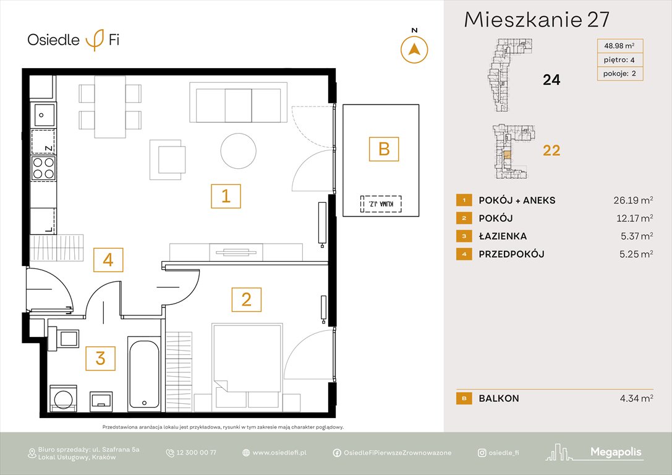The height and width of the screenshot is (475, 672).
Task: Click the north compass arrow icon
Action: coord(415,49)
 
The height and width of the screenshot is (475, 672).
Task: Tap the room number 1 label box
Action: coord(226,197)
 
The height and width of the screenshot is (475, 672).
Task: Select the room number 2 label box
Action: coord(246,299)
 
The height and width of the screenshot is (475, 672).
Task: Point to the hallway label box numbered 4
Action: coord(108,260)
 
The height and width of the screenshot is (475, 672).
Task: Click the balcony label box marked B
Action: coord(383,149)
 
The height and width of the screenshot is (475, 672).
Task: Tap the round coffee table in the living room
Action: coord(239,150)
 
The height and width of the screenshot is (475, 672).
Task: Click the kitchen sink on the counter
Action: coord(43,115)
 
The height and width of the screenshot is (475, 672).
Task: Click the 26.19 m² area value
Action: coord(629,200)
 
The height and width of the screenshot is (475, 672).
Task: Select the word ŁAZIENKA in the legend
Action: coord(503,236)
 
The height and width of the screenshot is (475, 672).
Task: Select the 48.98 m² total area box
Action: coord(619,45)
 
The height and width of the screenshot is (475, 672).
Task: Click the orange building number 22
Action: coord(551,150)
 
